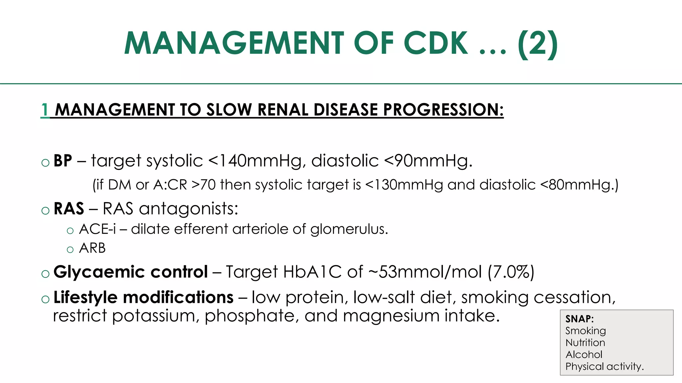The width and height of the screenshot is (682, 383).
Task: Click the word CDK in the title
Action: [436, 43]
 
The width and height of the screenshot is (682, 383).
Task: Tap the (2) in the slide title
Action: [537, 43]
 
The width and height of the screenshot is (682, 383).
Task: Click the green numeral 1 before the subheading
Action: [45, 110]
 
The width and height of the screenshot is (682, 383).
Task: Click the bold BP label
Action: [63, 161]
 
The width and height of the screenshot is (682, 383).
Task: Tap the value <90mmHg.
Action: [428, 161]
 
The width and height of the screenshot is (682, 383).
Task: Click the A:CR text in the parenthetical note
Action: [170, 185]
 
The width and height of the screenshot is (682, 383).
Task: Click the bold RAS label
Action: [69, 209]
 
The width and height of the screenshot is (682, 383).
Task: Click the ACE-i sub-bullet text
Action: [98, 229]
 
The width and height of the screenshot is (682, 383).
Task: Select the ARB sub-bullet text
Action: [92, 248]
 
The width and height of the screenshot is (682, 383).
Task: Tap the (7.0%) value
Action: [511, 272]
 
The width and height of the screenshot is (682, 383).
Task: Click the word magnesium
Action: [391, 316]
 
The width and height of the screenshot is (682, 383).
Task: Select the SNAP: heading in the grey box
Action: [579, 319]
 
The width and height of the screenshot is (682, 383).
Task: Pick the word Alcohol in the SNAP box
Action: [584, 354]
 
